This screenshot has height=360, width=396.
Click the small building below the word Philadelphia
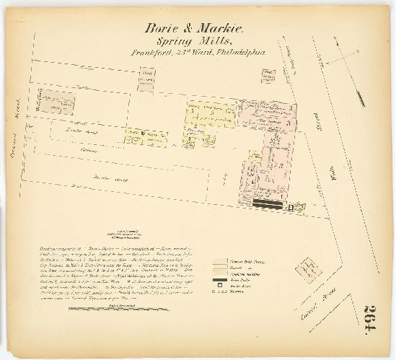pyautogui.click(x=268, y=74)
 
